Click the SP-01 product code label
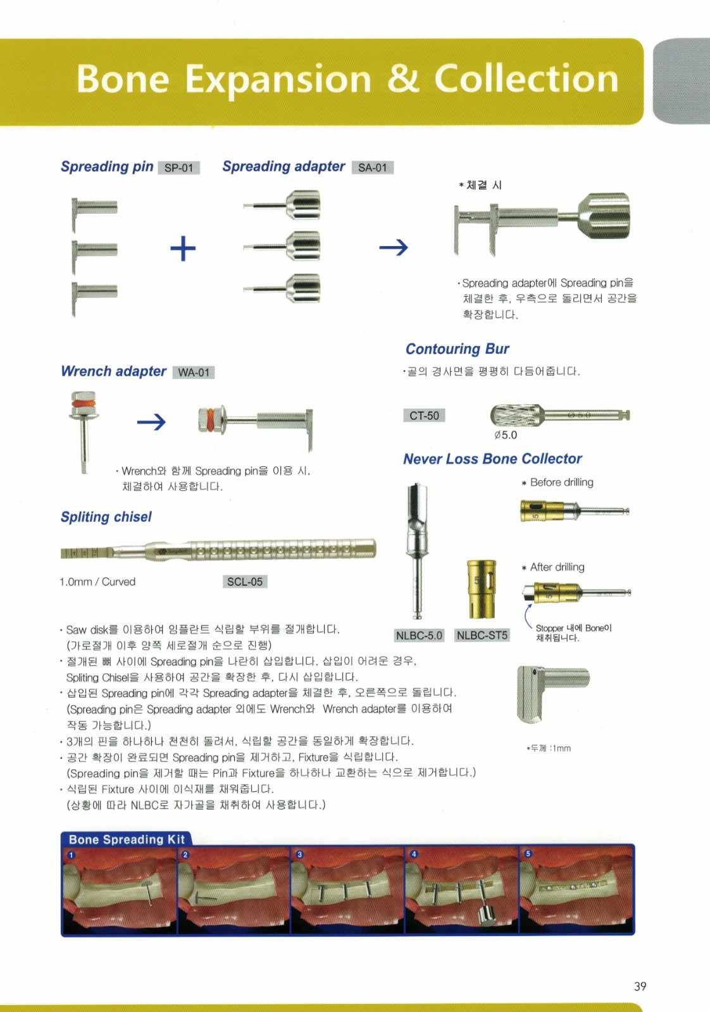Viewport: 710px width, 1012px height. [x=178, y=168]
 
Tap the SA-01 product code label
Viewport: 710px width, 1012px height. [x=372, y=168]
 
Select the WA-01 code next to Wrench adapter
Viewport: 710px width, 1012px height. [x=194, y=373]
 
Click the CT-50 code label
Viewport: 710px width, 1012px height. [x=424, y=415]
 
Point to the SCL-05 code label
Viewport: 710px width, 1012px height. [x=244, y=581]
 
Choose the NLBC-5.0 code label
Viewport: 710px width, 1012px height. [x=419, y=635]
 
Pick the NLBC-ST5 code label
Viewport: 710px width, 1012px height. [x=482, y=635]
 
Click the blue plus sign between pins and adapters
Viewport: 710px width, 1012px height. [x=183, y=249]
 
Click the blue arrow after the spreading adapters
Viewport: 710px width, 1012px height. [x=394, y=247]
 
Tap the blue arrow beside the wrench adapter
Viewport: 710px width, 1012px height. [x=151, y=422]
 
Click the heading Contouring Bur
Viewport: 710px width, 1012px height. [x=457, y=349]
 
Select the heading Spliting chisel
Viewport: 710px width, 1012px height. [x=106, y=516]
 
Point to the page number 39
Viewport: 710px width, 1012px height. [x=640, y=986]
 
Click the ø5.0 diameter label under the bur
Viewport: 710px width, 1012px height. [x=506, y=435]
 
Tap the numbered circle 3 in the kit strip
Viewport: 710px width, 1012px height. [x=299, y=854]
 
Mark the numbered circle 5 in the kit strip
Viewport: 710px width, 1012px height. [x=528, y=853]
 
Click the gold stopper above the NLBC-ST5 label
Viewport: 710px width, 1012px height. [x=482, y=589]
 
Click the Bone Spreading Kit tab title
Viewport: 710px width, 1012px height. [x=127, y=839]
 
